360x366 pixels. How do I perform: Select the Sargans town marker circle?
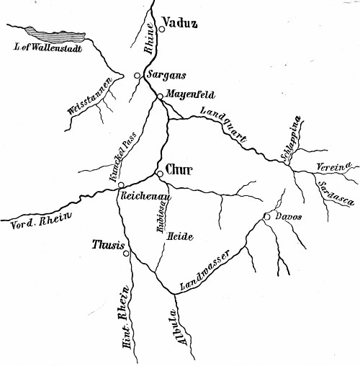pyautogui.click(x=138, y=75)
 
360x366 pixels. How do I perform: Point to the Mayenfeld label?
pyautogui.click(x=189, y=94)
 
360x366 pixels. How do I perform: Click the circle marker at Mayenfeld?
pyautogui.click(x=159, y=97)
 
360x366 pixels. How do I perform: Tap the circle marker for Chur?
pyautogui.click(x=160, y=174)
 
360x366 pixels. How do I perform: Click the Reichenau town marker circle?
pyautogui.click(x=121, y=185)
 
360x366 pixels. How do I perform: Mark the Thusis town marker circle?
pyautogui.click(x=125, y=253)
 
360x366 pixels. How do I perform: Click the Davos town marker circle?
pyautogui.click(x=266, y=216)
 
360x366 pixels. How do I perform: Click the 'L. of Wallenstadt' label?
pyautogui.click(x=48, y=48)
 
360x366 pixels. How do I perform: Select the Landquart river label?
pyautogui.click(x=225, y=123)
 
